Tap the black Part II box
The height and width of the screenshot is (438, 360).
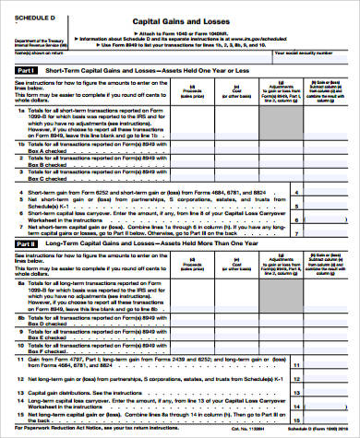pos(27,244)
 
